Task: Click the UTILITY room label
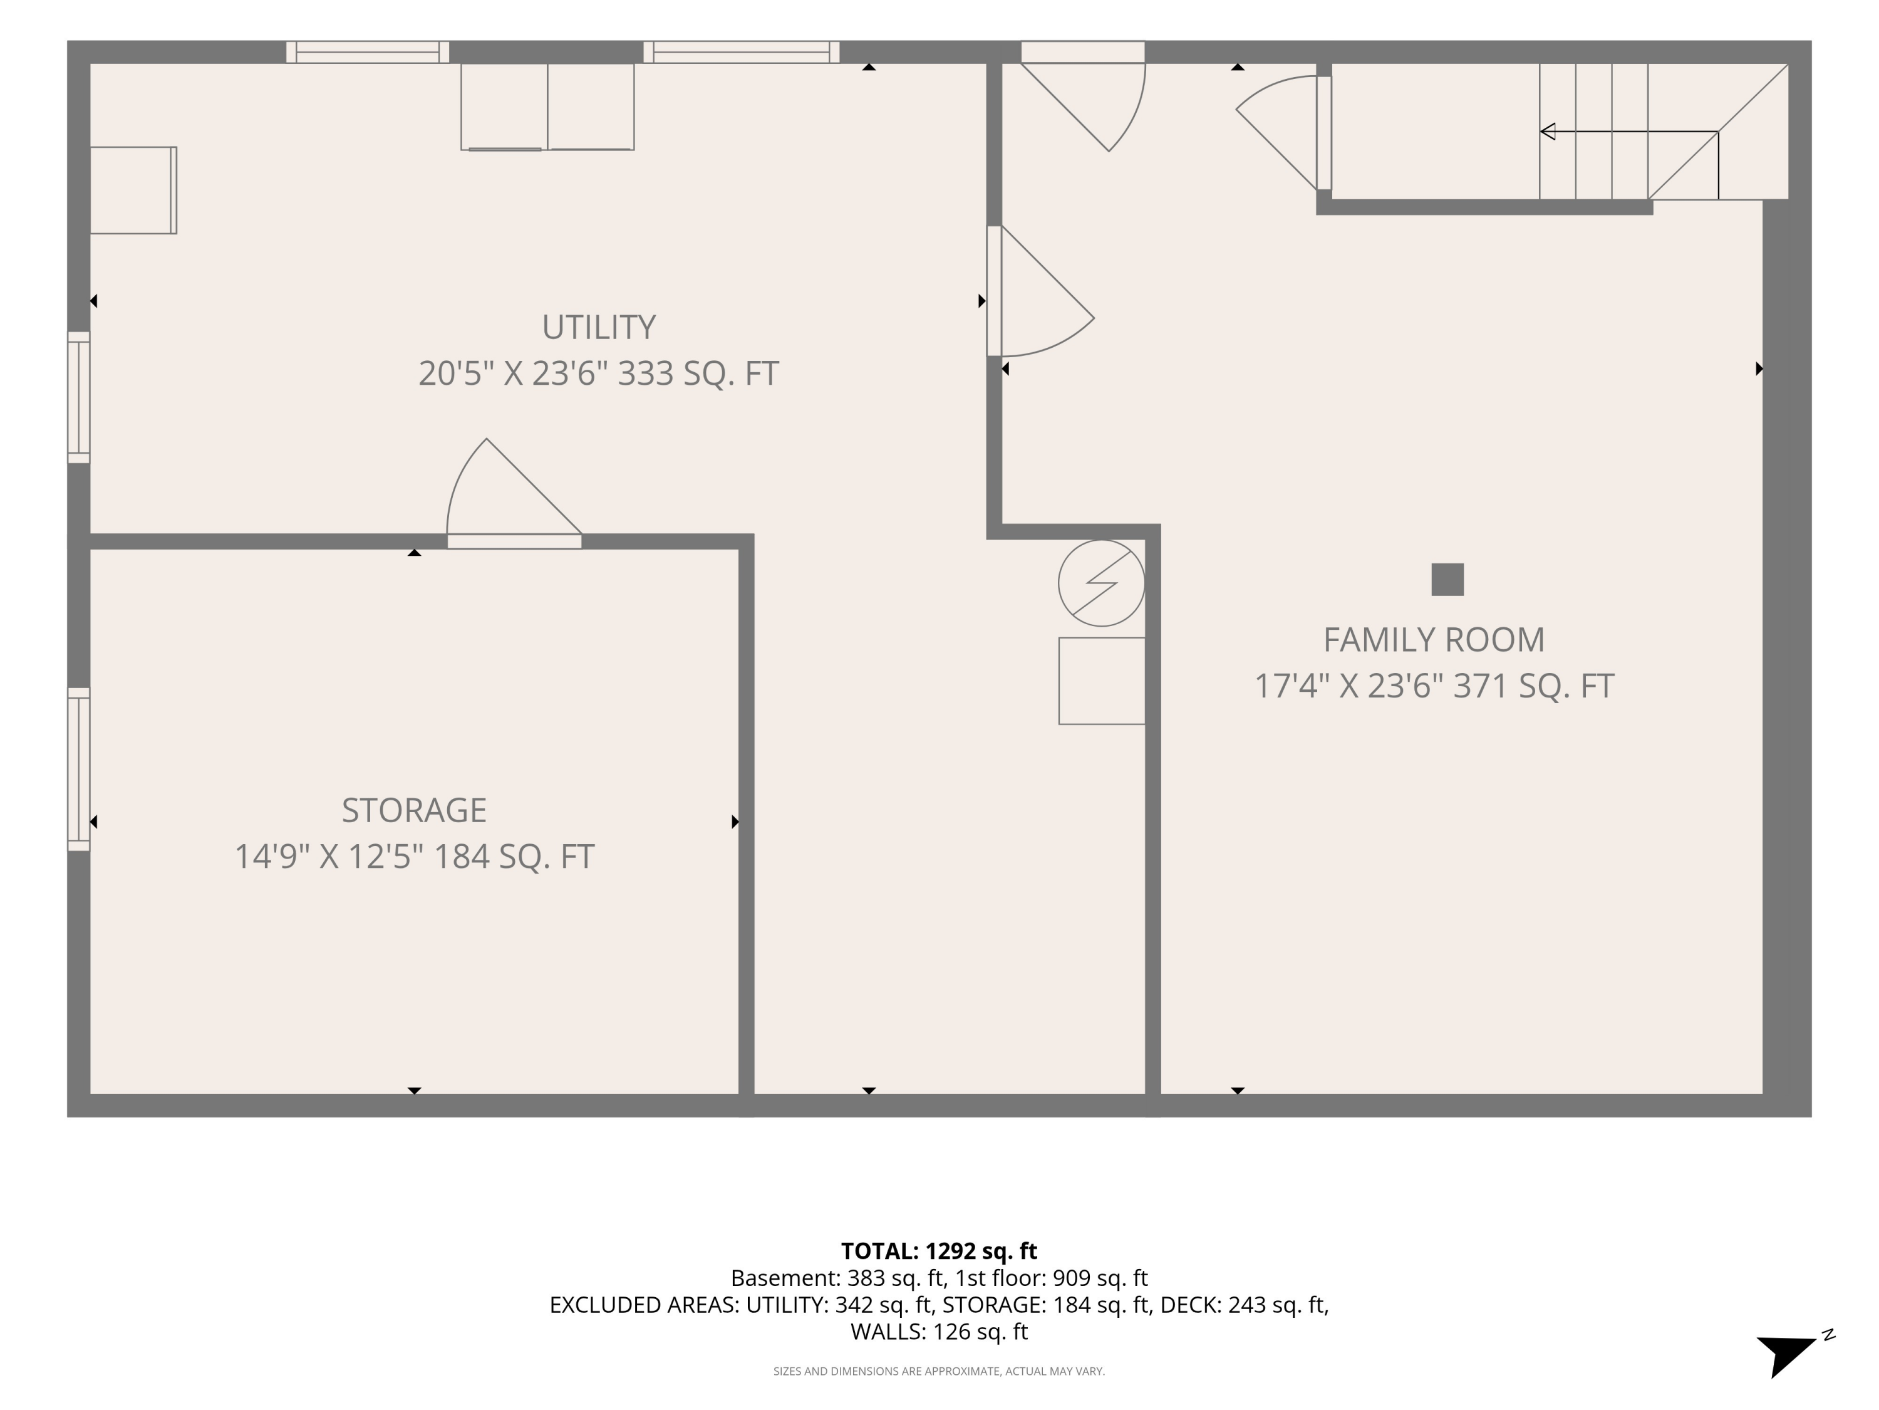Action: pyautogui.click(x=598, y=327)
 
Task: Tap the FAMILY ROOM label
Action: pyautogui.click(x=1434, y=640)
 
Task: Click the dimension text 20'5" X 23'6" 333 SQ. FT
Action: pyautogui.click(x=598, y=373)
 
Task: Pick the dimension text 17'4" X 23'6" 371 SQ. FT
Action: pyautogui.click(x=1434, y=686)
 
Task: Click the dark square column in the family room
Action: pyautogui.click(x=1447, y=580)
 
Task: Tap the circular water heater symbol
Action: pyautogui.click(x=1102, y=583)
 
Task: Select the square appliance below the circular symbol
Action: pyautogui.click(x=1102, y=681)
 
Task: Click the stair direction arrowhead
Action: pyautogui.click(x=1548, y=132)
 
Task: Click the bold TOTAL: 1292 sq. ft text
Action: pyautogui.click(x=939, y=1251)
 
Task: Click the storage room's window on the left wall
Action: pyautogui.click(x=79, y=769)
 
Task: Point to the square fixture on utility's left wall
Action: pyautogui.click(x=133, y=191)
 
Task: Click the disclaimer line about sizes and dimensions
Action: pyautogui.click(x=939, y=1371)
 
